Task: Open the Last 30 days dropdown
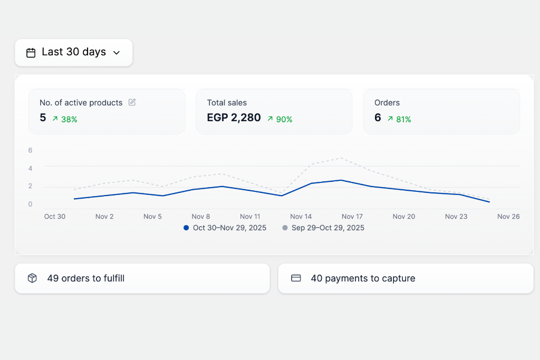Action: click(73, 52)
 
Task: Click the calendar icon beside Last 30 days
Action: click(31, 53)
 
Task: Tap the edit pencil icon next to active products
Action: click(132, 102)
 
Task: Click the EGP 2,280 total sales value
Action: click(234, 118)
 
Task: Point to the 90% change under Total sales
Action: click(280, 119)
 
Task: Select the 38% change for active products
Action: click(65, 119)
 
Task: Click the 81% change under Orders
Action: click(399, 119)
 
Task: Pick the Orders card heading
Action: click(387, 103)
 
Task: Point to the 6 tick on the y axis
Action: click(31, 150)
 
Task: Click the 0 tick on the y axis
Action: click(31, 204)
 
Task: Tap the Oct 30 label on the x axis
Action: click(55, 216)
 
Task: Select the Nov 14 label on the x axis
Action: click(301, 216)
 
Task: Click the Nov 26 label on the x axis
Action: click(508, 216)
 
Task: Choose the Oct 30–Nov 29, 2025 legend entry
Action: click(225, 228)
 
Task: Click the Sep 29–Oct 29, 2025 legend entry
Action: click(323, 228)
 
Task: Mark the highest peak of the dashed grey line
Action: click(342, 158)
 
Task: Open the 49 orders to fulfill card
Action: click(142, 278)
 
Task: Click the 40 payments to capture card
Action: click(406, 278)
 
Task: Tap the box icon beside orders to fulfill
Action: click(32, 278)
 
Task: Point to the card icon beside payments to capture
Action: click(296, 278)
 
